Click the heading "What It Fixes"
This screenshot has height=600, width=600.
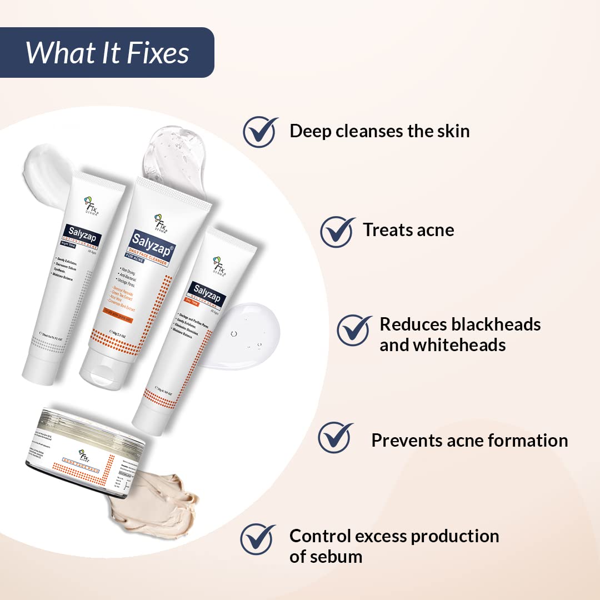click(107, 53)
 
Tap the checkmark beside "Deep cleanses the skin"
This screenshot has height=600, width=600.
click(260, 132)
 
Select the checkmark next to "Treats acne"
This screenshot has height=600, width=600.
click(337, 231)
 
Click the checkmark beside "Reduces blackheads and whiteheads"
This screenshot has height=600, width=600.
click(354, 329)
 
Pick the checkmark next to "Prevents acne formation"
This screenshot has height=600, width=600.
click(335, 438)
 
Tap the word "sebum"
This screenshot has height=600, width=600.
click(336, 557)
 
